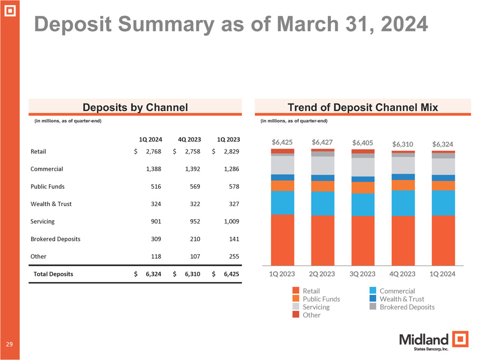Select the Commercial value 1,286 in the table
231,169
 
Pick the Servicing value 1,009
231,221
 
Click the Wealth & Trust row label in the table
52,204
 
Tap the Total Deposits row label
53,274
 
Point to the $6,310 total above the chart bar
403,143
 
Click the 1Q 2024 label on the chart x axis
443,274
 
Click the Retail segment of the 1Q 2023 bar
282,240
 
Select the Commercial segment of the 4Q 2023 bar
403,203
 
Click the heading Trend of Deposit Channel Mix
363,108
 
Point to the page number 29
9,344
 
